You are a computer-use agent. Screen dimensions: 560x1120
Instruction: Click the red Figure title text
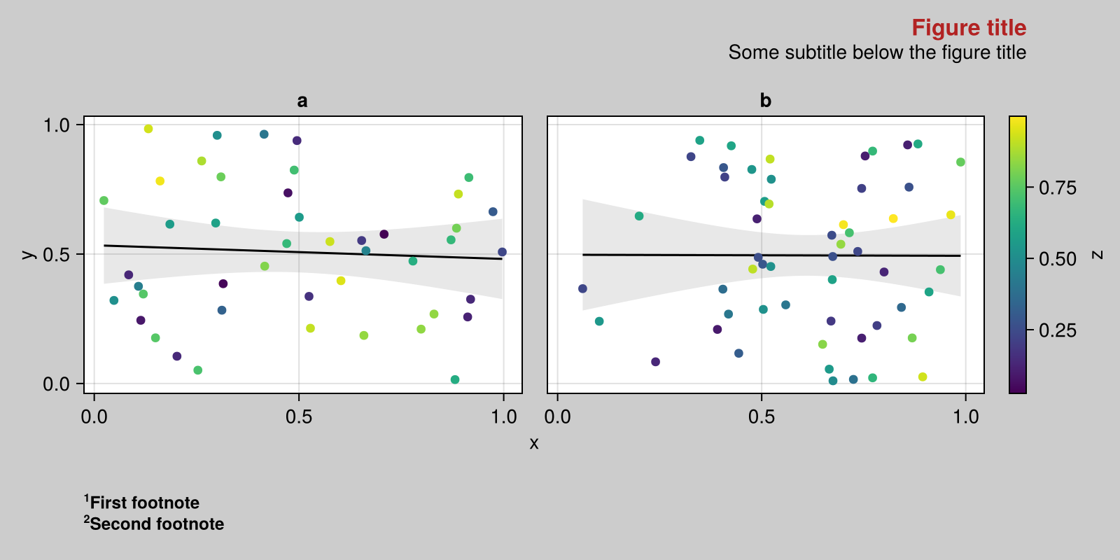click(968, 28)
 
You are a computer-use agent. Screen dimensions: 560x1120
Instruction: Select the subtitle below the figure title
click(876, 52)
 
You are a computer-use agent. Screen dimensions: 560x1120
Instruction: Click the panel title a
click(302, 101)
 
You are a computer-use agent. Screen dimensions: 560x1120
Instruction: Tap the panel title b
click(765, 101)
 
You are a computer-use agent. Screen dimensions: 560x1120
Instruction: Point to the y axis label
click(28, 254)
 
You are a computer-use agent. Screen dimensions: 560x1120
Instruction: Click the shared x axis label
click(534, 443)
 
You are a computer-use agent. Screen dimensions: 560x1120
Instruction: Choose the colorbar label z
click(1098, 255)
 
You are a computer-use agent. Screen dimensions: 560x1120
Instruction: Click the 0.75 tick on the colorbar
click(1057, 188)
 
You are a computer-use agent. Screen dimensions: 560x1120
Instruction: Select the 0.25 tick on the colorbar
click(1057, 330)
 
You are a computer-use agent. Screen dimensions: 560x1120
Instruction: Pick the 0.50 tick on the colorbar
click(1057, 259)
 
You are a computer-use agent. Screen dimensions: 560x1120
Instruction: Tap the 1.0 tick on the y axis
click(57, 125)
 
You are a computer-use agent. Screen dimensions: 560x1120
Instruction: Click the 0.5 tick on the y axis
click(57, 254)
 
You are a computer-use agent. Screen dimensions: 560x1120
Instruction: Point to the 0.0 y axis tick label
click(57, 384)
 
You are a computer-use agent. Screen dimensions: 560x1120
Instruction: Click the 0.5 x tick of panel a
click(299, 417)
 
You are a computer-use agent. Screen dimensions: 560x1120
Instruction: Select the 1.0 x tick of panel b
click(966, 417)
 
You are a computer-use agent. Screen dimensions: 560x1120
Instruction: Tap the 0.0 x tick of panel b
click(557, 417)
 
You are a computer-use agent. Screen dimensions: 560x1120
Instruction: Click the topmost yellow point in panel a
click(148, 129)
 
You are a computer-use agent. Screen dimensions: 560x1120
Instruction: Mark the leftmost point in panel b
click(582, 288)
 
